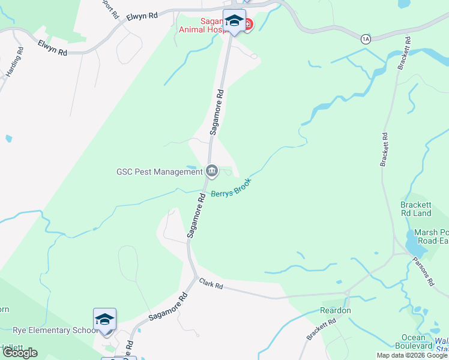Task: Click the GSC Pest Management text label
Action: point(160,172)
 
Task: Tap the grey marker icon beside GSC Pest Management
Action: point(212,172)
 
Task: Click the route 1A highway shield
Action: point(366,39)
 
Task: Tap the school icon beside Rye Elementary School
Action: point(104,319)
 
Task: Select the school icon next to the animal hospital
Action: point(234,20)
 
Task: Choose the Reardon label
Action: point(336,310)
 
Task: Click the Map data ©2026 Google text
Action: point(412,355)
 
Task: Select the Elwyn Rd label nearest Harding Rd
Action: point(52,47)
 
